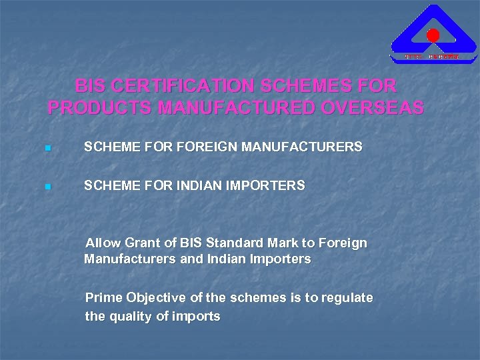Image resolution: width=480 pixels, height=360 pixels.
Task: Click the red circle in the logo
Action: point(433,35)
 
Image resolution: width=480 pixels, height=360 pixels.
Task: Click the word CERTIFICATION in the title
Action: point(174,86)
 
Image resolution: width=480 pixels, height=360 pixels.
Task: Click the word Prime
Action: point(104,297)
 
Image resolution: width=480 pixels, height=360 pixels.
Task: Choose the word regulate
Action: point(347,298)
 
